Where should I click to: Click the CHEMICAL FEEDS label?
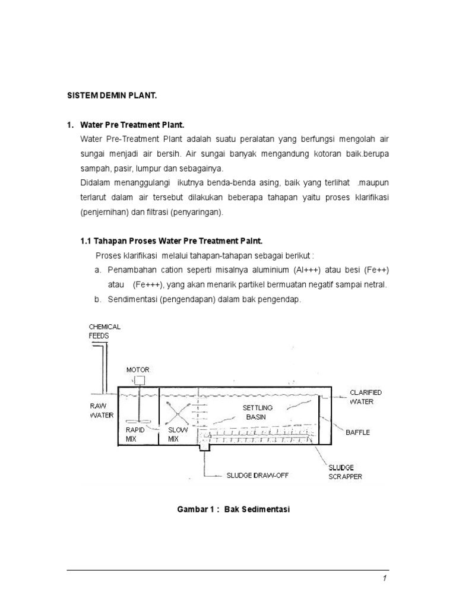point(104,331)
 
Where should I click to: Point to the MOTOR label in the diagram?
point(138,370)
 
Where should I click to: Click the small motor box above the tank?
point(140,381)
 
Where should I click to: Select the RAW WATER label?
point(101,410)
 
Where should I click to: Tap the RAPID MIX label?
point(135,434)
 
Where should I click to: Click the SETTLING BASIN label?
point(257,412)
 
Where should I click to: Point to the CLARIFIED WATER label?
point(365,397)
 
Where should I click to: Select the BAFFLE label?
point(357,432)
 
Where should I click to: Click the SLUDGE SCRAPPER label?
point(344,472)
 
